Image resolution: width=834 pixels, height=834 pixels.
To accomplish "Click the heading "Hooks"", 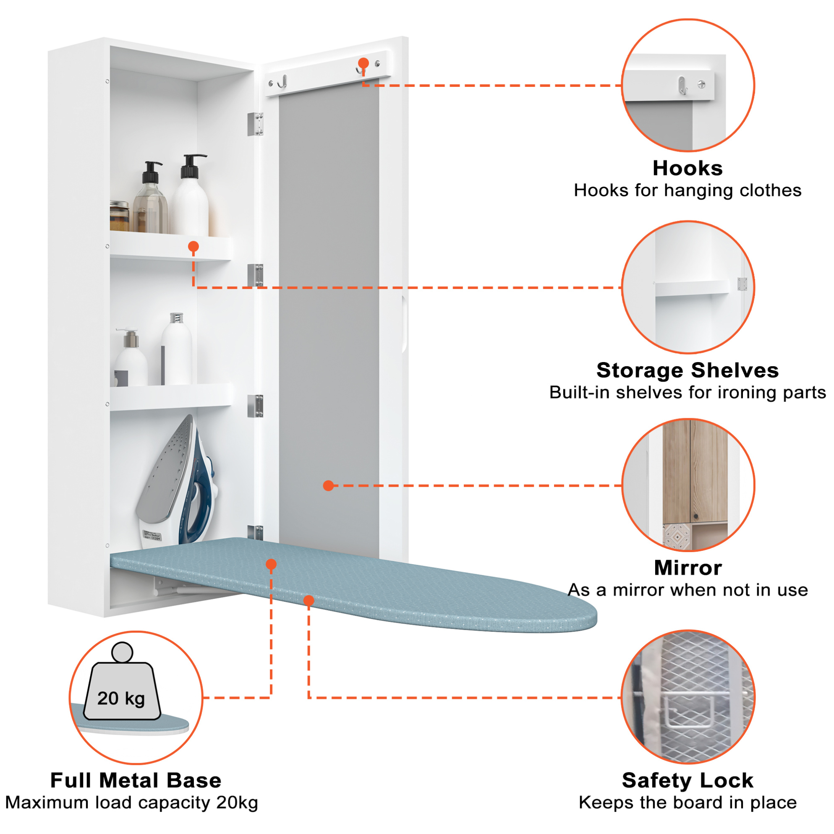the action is [687, 168].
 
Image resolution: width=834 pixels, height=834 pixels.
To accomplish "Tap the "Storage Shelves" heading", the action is [688, 370].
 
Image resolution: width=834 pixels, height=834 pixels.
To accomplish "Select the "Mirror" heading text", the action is [688, 567].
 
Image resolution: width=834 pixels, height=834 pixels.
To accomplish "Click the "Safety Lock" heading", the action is [688, 780].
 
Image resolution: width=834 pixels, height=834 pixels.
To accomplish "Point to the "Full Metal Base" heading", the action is [136, 780].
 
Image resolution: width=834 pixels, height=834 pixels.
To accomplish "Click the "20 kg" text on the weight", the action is [121, 698].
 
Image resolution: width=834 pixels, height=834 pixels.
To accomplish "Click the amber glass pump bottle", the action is [150, 197].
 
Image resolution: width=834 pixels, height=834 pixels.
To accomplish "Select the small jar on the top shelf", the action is [120, 215].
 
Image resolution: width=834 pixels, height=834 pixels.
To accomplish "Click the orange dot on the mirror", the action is [328, 486].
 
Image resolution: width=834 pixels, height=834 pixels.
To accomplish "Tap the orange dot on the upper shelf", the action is [193, 247].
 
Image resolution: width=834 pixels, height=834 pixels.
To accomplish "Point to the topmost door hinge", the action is [255, 124].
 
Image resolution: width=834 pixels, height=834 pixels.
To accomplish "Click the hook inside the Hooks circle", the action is [682, 85].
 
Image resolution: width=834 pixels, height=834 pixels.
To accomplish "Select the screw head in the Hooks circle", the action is [701, 85].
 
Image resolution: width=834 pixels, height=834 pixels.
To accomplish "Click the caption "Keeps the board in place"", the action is [688, 803].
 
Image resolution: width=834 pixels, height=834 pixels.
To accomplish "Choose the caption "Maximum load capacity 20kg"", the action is [132, 803].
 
